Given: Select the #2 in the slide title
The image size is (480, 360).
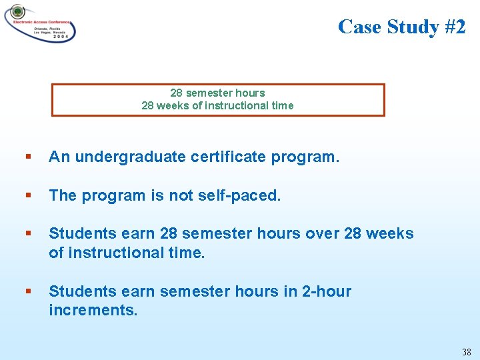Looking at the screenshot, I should click(451, 27).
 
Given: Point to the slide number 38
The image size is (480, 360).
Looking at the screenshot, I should click(466, 351).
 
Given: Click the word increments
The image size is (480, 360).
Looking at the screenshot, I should click(93, 310).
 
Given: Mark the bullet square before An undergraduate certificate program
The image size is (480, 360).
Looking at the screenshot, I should click(27, 158).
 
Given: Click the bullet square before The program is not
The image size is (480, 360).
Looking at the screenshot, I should click(27, 196).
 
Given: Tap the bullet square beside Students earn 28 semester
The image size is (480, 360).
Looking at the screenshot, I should click(27, 234).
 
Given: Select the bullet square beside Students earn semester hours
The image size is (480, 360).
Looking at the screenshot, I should click(27, 292).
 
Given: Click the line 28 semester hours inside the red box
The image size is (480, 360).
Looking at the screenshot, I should click(217, 93).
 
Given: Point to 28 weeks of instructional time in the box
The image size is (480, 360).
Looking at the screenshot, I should click(217, 105).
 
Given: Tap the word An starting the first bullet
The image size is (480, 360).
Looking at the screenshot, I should click(59, 157).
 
